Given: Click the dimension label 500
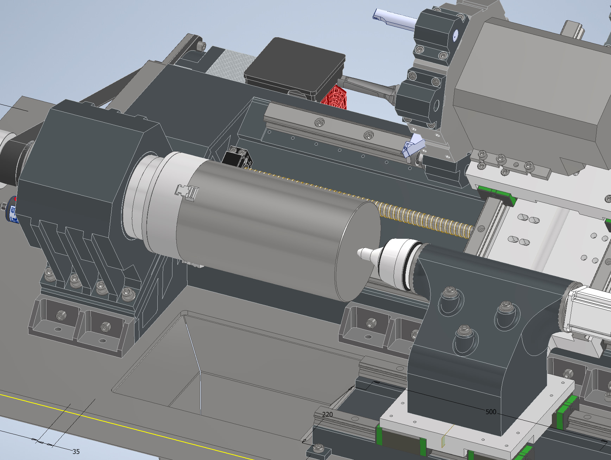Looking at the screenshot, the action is tap(491, 412).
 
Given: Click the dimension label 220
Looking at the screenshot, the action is tap(327, 414).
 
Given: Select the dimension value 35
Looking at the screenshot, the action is tap(76, 452).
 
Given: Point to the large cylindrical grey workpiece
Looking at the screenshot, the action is tap(260, 225).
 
